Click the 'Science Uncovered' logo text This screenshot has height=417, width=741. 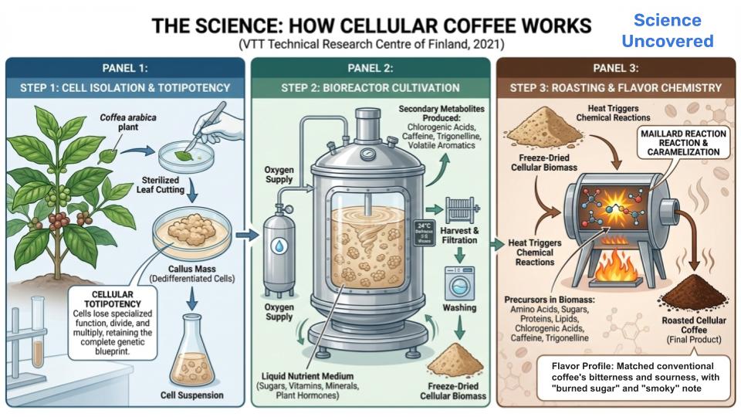pos(668,31)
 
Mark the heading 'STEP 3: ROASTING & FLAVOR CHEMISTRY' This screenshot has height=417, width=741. pos(615,88)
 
